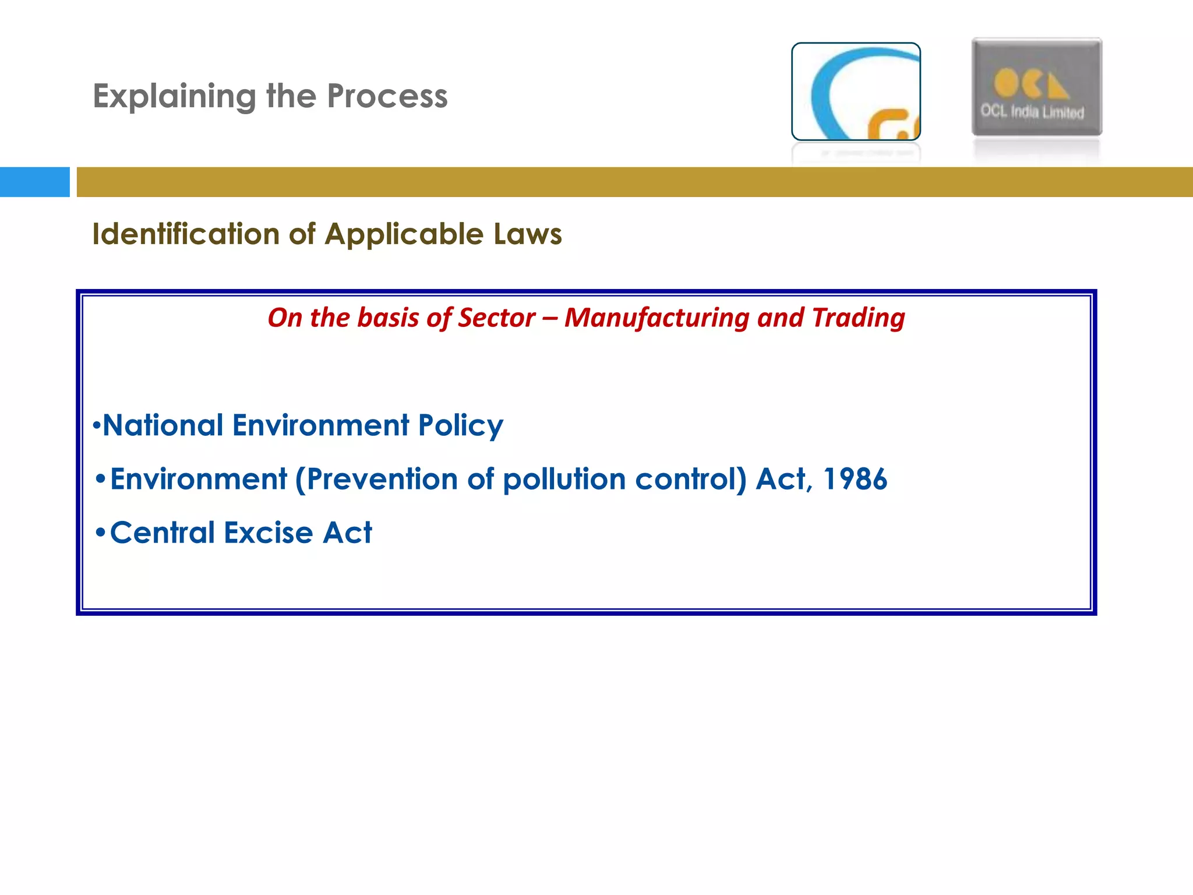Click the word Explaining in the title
174,97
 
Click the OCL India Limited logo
1036,87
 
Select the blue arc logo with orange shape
856,91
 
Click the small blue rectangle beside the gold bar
34,182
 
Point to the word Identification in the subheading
186,234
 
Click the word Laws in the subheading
527,234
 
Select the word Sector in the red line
496,318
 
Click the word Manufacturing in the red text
656,318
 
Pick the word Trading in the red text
858,318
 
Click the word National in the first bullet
163,425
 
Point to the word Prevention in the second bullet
382,480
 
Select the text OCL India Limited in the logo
1032,111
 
